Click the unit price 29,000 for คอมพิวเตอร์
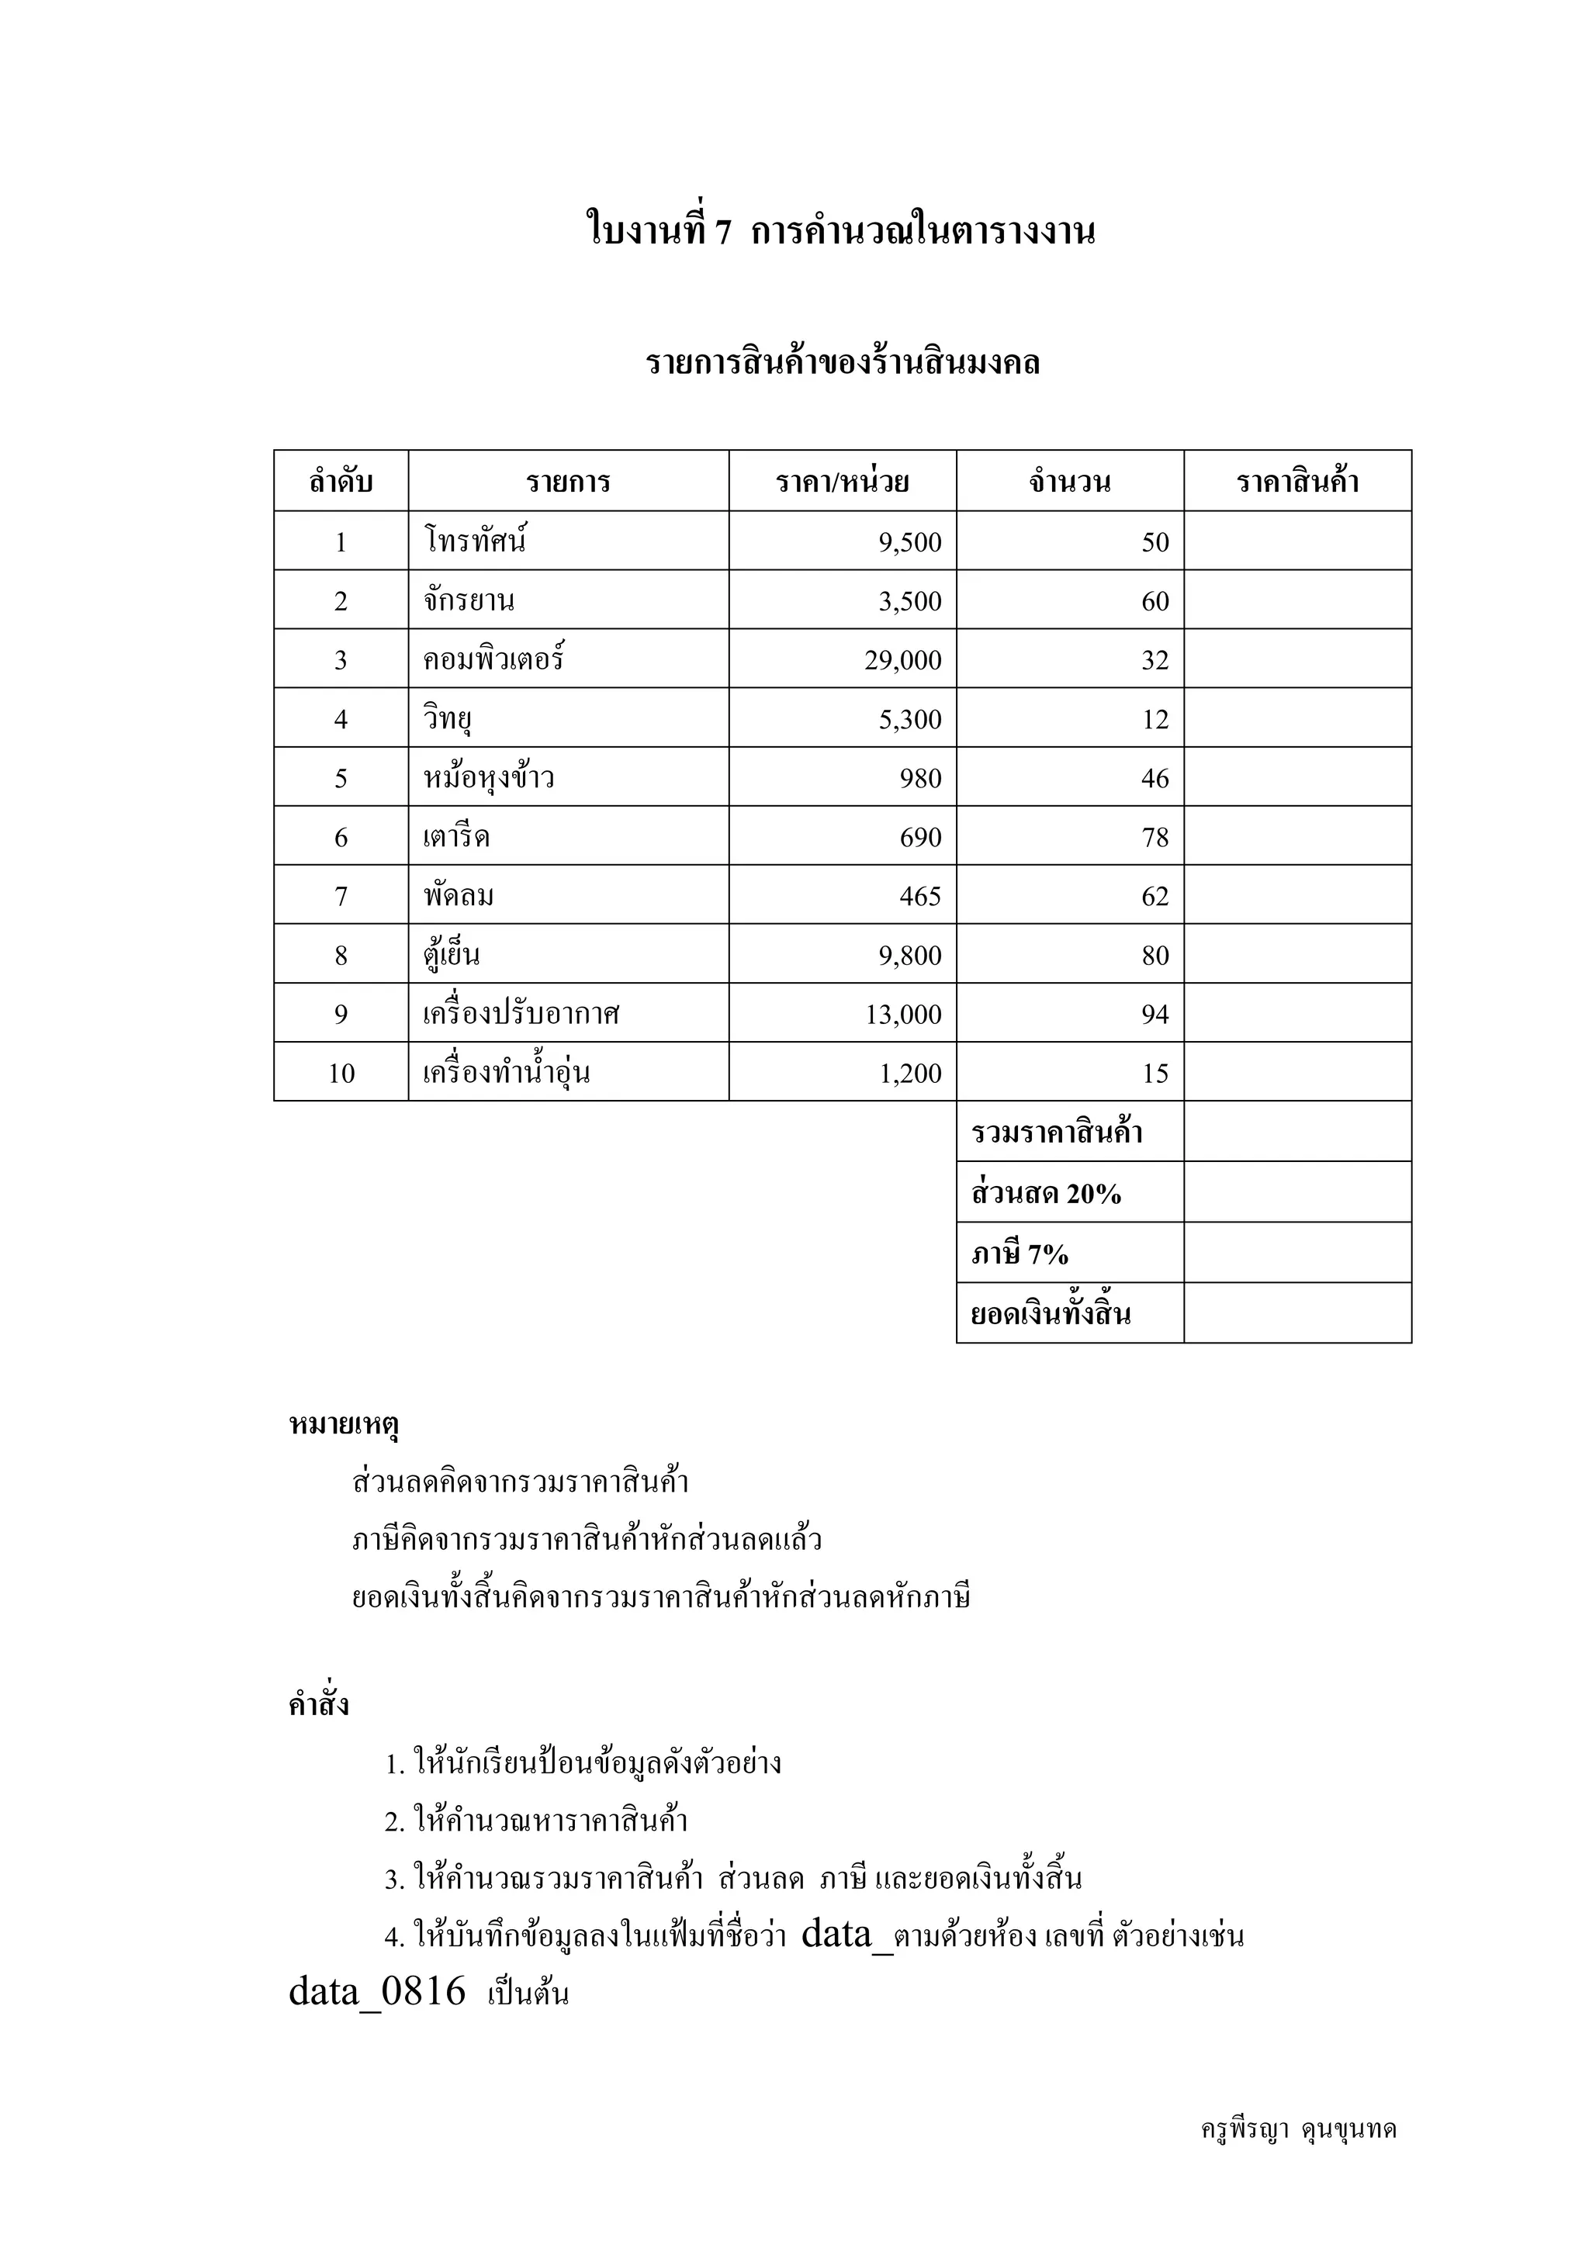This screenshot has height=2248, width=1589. pyautogui.click(x=902, y=660)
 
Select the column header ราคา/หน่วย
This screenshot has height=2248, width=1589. pyautogui.click(x=842, y=482)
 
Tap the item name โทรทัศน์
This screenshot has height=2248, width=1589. pyautogui.click(x=476, y=541)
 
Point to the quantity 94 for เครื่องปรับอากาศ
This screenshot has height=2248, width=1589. pyautogui.click(x=1155, y=1015)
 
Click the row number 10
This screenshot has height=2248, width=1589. pyautogui.click(x=341, y=1073)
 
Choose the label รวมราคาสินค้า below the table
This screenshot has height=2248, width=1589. pyautogui.click(x=1058, y=1133)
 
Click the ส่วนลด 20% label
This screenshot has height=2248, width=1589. pyautogui.click(x=1046, y=1194)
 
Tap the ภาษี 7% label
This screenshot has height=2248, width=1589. pyautogui.click(x=1020, y=1254)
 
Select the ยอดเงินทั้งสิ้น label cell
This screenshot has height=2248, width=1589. pyautogui.click(x=1051, y=1314)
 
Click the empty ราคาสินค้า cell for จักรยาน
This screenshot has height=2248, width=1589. pyautogui.click(x=1297, y=600)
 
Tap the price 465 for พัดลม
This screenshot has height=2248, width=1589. pyautogui.click(x=920, y=896)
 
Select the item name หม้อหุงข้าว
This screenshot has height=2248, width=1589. pyautogui.click(x=489, y=778)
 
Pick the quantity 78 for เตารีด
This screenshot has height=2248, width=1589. pyautogui.click(x=1155, y=837)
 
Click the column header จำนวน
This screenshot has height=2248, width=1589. pyautogui.click(x=1069, y=482)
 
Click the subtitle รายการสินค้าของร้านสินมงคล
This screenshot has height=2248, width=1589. pyautogui.click(x=842, y=363)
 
